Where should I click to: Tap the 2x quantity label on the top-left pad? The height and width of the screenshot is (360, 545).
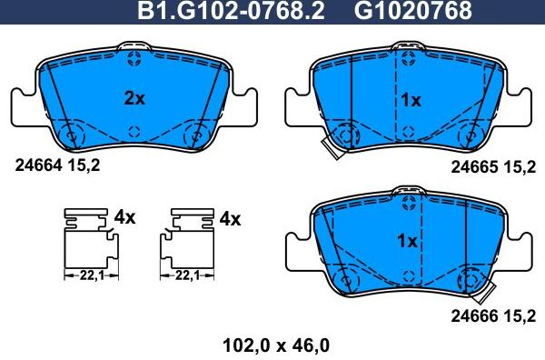point(134,99)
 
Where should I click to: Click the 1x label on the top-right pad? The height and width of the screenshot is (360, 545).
point(411,101)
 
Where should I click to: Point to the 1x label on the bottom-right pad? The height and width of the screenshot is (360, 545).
point(407,242)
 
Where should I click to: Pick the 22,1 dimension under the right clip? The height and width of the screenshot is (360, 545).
point(187,274)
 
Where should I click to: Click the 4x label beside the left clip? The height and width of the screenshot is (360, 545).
point(124,218)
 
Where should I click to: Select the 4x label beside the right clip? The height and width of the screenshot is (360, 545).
point(229,218)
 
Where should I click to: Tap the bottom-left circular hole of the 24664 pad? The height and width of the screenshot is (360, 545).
point(71,137)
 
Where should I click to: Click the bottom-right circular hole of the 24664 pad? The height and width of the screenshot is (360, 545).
point(195,137)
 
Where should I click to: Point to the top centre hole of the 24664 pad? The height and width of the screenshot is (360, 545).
point(134,61)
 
